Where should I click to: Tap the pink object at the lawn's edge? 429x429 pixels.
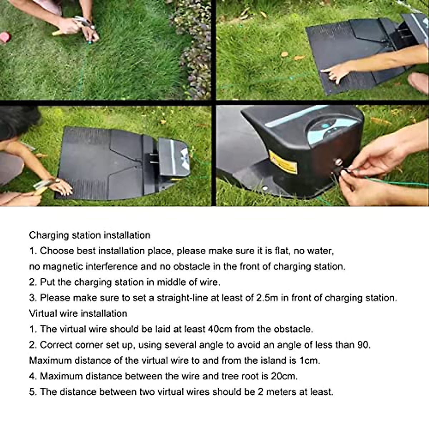[5, 37]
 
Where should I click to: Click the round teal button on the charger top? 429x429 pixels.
[325, 125]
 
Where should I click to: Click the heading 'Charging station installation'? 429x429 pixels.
[89, 235]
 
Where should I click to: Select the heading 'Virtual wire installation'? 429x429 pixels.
[78, 314]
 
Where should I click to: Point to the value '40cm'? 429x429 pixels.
[219, 329]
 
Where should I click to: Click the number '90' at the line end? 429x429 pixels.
[363, 345]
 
